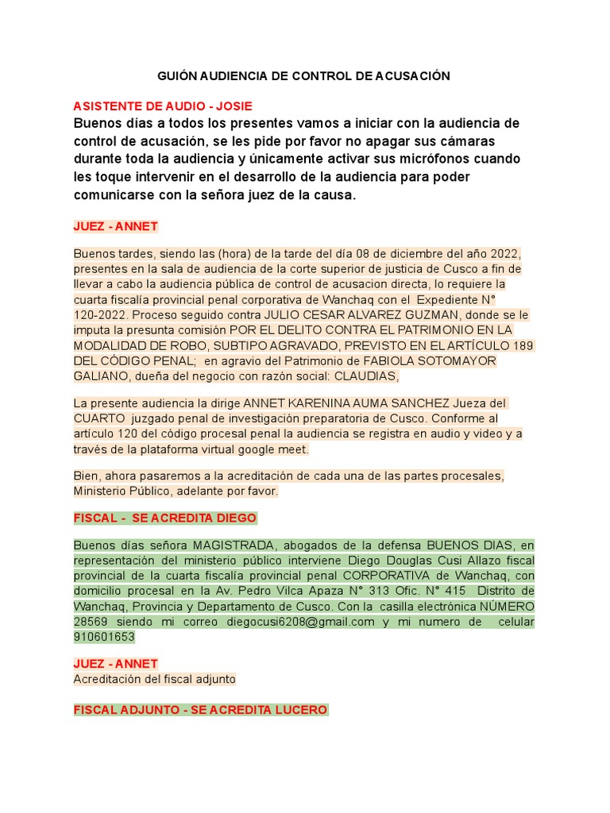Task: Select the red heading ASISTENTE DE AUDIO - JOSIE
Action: (x=163, y=106)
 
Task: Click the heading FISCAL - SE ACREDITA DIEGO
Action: (x=165, y=518)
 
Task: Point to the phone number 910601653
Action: (x=104, y=637)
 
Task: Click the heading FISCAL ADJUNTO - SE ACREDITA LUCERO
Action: (x=200, y=710)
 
